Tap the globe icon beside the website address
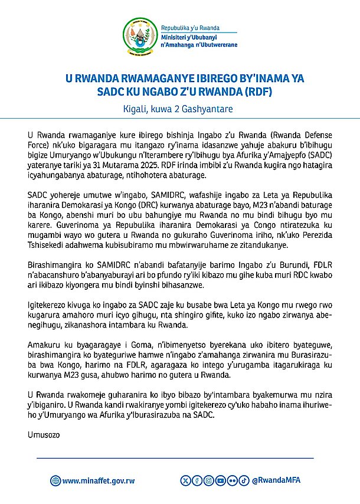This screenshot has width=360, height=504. (x=55, y=480)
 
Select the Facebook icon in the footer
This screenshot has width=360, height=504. (x=198, y=480)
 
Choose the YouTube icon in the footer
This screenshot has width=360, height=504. (x=220, y=480)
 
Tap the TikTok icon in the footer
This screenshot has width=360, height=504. (x=244, y=480)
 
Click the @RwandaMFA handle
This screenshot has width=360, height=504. (x=276, y=480)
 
